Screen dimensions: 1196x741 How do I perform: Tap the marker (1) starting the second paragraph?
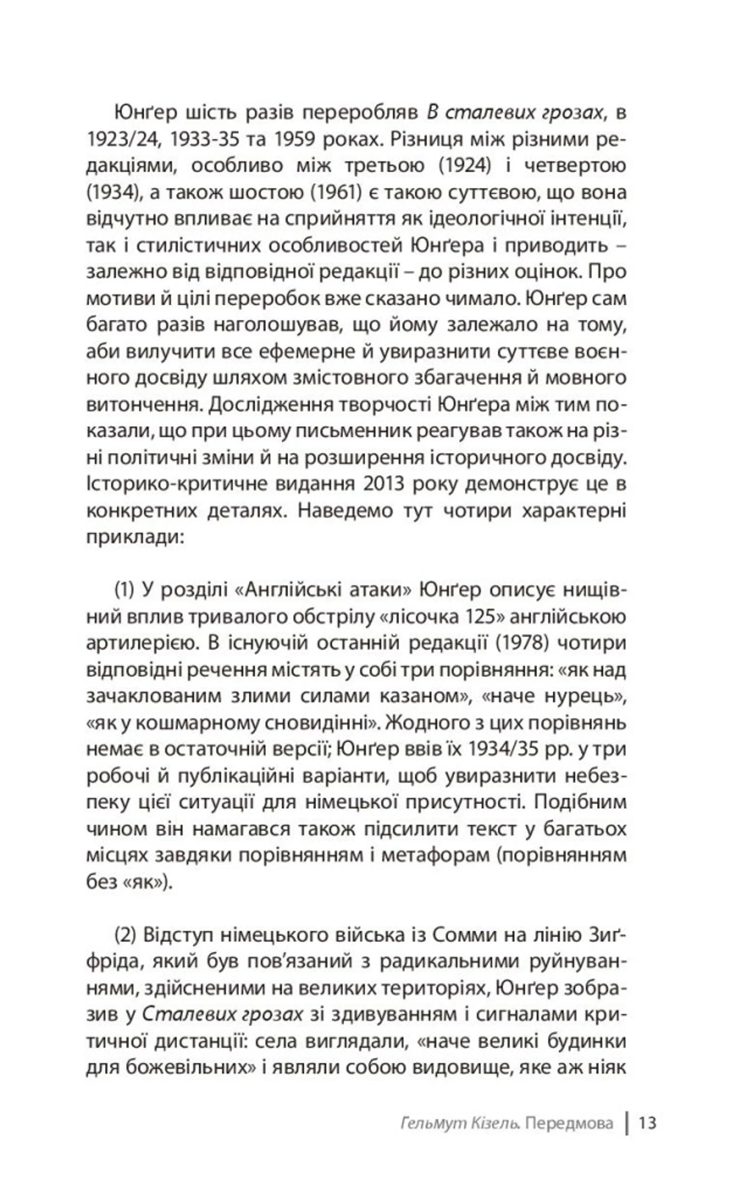point(124,590)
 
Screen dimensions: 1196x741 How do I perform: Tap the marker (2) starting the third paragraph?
point(124,935)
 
